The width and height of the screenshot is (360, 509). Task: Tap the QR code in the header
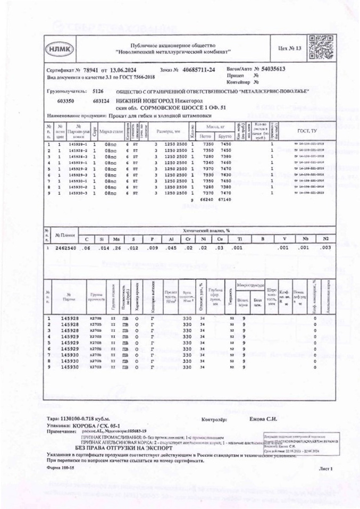pyautogui.click(x=317, y=48)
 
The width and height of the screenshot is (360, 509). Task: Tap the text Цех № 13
pyautogui.click(x=290, y=49)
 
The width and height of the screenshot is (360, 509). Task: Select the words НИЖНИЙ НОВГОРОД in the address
pyautogui.click(x=139, y=100)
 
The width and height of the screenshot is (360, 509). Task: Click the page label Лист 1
pyautogui.click(x=325, y=469)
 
